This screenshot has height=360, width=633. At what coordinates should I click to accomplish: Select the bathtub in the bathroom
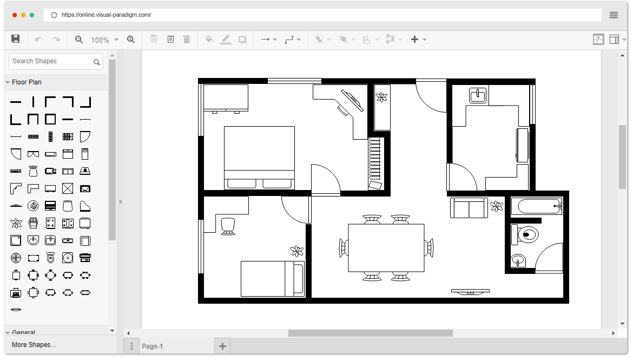[x=537, y=206]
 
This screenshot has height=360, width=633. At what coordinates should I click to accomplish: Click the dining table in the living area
[x=386, y=248]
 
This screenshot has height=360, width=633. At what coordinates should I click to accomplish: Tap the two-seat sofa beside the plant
[x=469, y=208]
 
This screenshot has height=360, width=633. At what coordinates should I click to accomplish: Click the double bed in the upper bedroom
[x=260, y=157]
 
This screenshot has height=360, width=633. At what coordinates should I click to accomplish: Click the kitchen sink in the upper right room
[x=477, y=95]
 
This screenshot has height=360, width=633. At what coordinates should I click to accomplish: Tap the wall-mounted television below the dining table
[x=470, y=291]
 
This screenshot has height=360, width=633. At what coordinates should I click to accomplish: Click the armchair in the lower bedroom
[x=228, y=226]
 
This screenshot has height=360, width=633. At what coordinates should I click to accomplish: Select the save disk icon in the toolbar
[x=16, y=39]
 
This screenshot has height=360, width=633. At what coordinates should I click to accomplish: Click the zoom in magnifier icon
[x=130, y=40]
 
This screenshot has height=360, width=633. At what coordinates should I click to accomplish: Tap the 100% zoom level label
[x=100, y=40]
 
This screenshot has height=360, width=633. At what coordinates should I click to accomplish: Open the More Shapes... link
[x=34, y=345]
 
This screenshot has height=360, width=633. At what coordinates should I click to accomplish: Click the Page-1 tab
[x=152, y=346]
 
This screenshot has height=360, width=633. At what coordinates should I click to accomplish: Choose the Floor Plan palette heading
[x=27, y=82]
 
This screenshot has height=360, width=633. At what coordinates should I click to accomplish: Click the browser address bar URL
[x=106, y=15]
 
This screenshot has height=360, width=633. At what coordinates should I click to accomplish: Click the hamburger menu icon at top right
[x=614, y=15]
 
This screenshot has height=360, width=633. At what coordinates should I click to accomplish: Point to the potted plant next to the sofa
[x=496, y=206]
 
